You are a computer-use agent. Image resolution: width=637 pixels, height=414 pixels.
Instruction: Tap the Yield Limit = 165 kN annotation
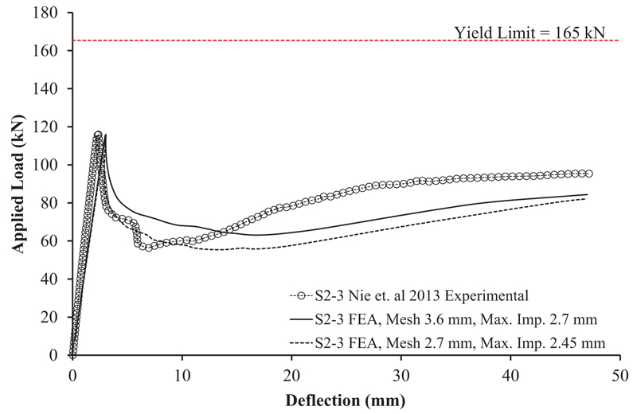530,33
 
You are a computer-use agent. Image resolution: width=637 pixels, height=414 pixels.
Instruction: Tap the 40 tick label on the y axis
55,279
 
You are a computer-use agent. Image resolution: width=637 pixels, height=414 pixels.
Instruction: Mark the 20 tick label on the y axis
55,317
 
